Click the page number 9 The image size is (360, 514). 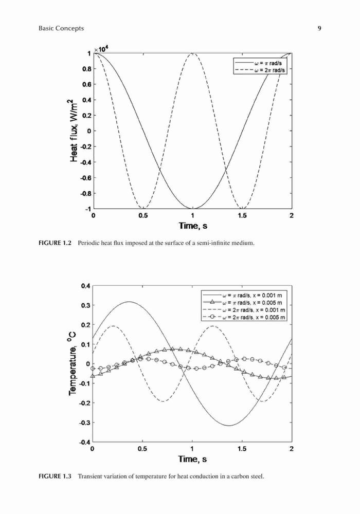pos(319,28)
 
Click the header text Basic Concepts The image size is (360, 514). pos(61,28)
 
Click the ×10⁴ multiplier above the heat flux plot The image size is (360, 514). pos(102,49)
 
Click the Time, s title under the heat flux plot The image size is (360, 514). pos(193,226)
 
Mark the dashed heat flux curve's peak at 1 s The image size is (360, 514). pos(193,53)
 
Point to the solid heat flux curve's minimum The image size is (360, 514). pos(193,209)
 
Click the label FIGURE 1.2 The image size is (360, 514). pos(55,243)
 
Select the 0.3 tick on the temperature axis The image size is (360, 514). pos(86,305)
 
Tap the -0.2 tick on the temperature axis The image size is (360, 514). pos(85,402)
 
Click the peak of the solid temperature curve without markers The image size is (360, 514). pos(129,302)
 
